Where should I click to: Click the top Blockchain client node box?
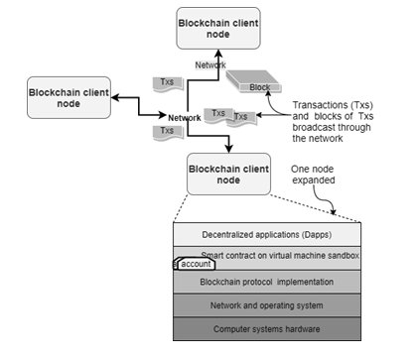click(218, 29)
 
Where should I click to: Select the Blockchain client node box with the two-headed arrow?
click(69, 98)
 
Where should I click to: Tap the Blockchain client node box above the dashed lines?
click(228, 175)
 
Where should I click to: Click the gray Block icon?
click(253, 81)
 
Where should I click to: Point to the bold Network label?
click(185, 118)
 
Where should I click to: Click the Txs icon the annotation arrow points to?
click(241, 117)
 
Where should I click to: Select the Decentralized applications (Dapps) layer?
click(267, 234)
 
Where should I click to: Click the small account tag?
click(196, 264)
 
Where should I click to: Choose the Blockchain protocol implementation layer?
click(267, 282)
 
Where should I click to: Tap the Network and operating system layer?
click(267, 305)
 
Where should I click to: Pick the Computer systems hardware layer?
click(267, 329)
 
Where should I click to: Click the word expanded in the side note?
click(314, 180)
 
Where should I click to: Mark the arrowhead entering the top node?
click(218, 54)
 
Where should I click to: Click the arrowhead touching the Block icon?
click(268, 93)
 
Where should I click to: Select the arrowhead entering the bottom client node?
click(228, 149)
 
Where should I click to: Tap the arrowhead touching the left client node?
click(115, 97)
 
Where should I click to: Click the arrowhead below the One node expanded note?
click(333, 211)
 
